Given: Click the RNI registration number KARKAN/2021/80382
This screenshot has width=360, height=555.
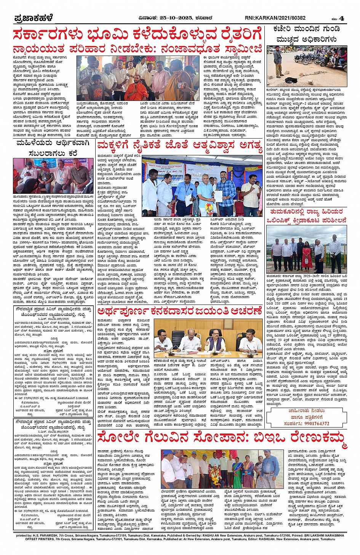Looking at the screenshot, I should click(275, 18).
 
